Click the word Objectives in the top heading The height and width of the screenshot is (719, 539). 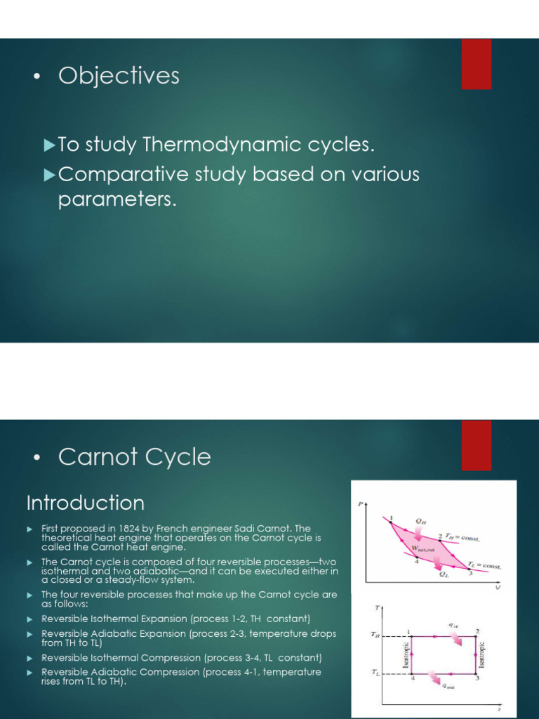click(x=119, y=76)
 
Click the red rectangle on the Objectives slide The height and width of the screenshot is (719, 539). click(x=476, y=64)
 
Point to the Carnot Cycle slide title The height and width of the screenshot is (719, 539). click(x=134, y=457)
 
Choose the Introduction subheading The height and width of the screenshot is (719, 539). click(x=85, y=503)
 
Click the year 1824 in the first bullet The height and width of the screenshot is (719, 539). click(x=140, y=529)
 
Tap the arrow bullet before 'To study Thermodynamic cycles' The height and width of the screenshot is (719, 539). click(x=48, y=145)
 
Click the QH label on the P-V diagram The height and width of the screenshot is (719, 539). click(x=420, y=521)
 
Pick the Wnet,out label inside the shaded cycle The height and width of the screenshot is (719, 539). click(x=422, y=549)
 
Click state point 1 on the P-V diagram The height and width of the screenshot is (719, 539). click(x=391, y=518)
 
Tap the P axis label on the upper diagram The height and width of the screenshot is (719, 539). click(x=360, y=504)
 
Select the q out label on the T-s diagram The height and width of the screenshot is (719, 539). click(x=447, y=687)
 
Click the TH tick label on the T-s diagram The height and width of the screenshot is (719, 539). click(x=375, y=634)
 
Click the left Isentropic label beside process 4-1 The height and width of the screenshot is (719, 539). click(x=405, y=654)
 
